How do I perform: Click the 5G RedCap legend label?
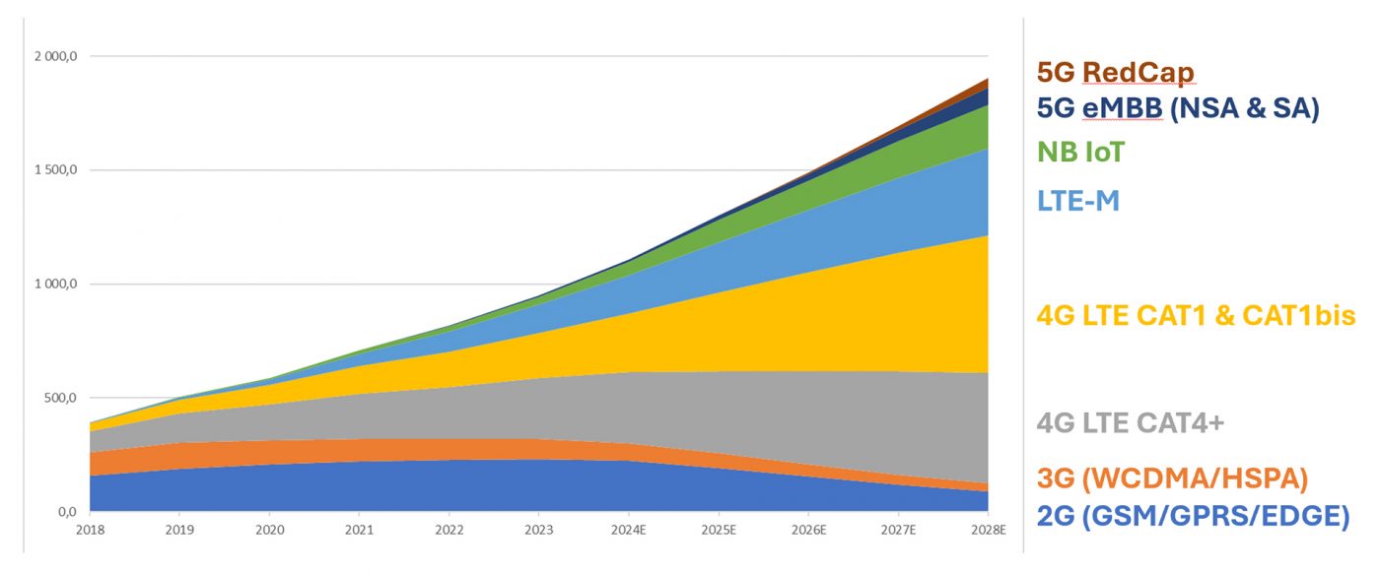tap(1115, 73)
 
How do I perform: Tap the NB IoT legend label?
tap(1080, 153)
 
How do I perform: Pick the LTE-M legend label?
tap(1078, 201)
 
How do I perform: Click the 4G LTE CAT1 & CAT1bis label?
tap(1196, 315)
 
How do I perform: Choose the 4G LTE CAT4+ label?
tap(1130, 423)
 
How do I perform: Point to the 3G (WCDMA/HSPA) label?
tap(1172, 479)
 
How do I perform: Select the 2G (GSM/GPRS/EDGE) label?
tap(1192, 515)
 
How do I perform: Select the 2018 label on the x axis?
tap(90, 530)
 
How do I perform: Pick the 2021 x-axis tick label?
tap(359, 530)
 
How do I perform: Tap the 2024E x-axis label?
tap(629, 530)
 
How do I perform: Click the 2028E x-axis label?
tap(988, 530)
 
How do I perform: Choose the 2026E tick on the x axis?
tap(808, 530)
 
